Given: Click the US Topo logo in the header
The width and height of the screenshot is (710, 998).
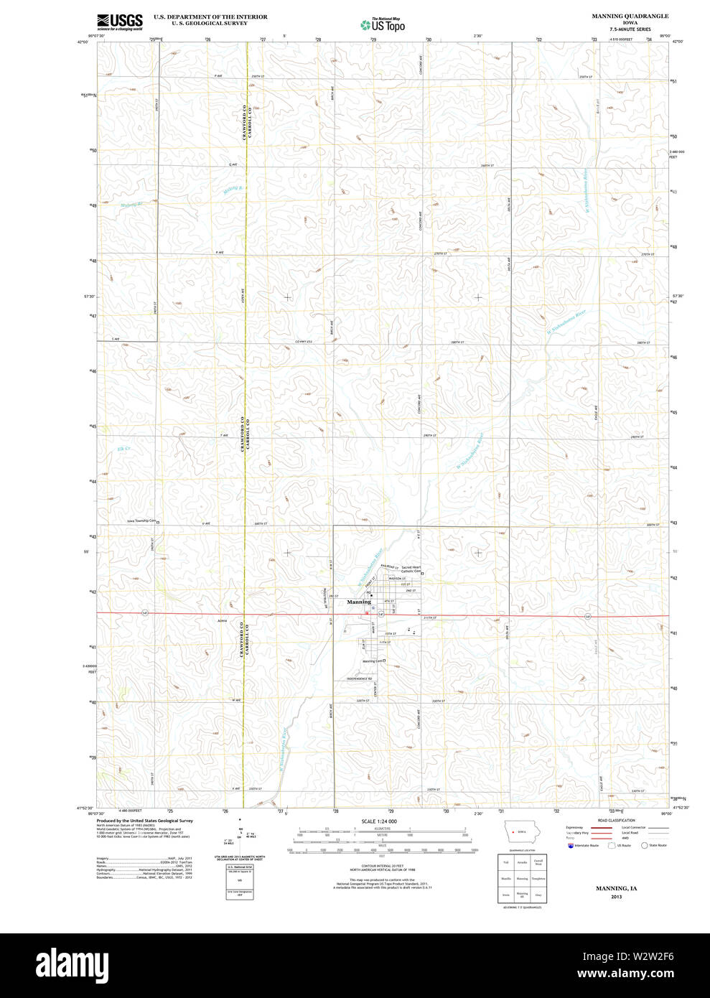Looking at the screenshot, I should point(383,24).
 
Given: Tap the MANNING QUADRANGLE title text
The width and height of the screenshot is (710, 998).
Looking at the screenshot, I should point(630,16).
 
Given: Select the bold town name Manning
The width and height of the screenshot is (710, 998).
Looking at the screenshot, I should point(359,602).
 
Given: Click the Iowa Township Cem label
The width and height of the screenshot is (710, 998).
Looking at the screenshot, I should point(141,521).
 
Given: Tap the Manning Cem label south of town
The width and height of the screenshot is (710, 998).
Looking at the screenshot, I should point(373,661).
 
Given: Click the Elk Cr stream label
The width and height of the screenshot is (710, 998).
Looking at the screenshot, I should point(123,449).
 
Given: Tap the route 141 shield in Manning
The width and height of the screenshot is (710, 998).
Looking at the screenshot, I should point(381,615).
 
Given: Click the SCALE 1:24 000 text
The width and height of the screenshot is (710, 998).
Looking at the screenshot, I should point(379,821).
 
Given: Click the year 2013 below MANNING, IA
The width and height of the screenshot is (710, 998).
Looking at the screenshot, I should point(616,897).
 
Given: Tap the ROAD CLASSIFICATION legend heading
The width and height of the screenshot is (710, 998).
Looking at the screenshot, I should point(616,821).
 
